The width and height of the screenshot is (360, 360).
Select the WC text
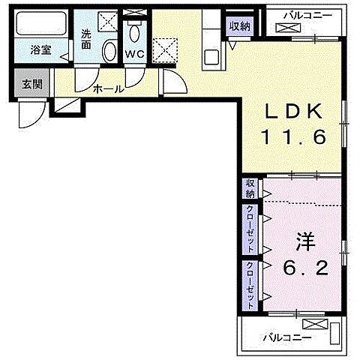(x=135, y=54)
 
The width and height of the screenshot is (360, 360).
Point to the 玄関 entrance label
(x=31, y=83)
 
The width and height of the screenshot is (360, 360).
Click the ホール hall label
(x=108, y=88)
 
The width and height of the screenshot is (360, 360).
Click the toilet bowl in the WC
(x=135, y=33)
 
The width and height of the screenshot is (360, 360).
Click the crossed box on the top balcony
(x=287, y=28)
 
